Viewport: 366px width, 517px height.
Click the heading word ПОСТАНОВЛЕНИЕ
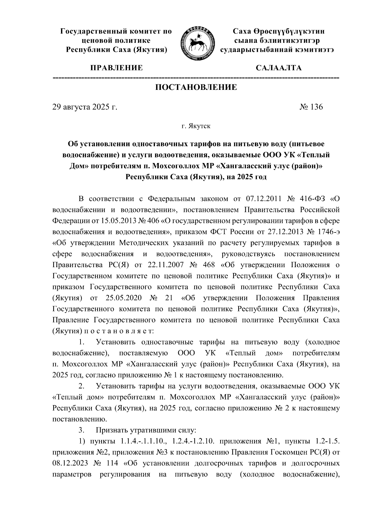(196, 88)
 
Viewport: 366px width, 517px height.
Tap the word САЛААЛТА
(278, 68)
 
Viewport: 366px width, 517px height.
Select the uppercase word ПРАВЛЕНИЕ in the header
(116, 68)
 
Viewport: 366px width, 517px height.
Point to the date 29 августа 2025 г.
(85, 107)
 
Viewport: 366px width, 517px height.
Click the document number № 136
(311, 107)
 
